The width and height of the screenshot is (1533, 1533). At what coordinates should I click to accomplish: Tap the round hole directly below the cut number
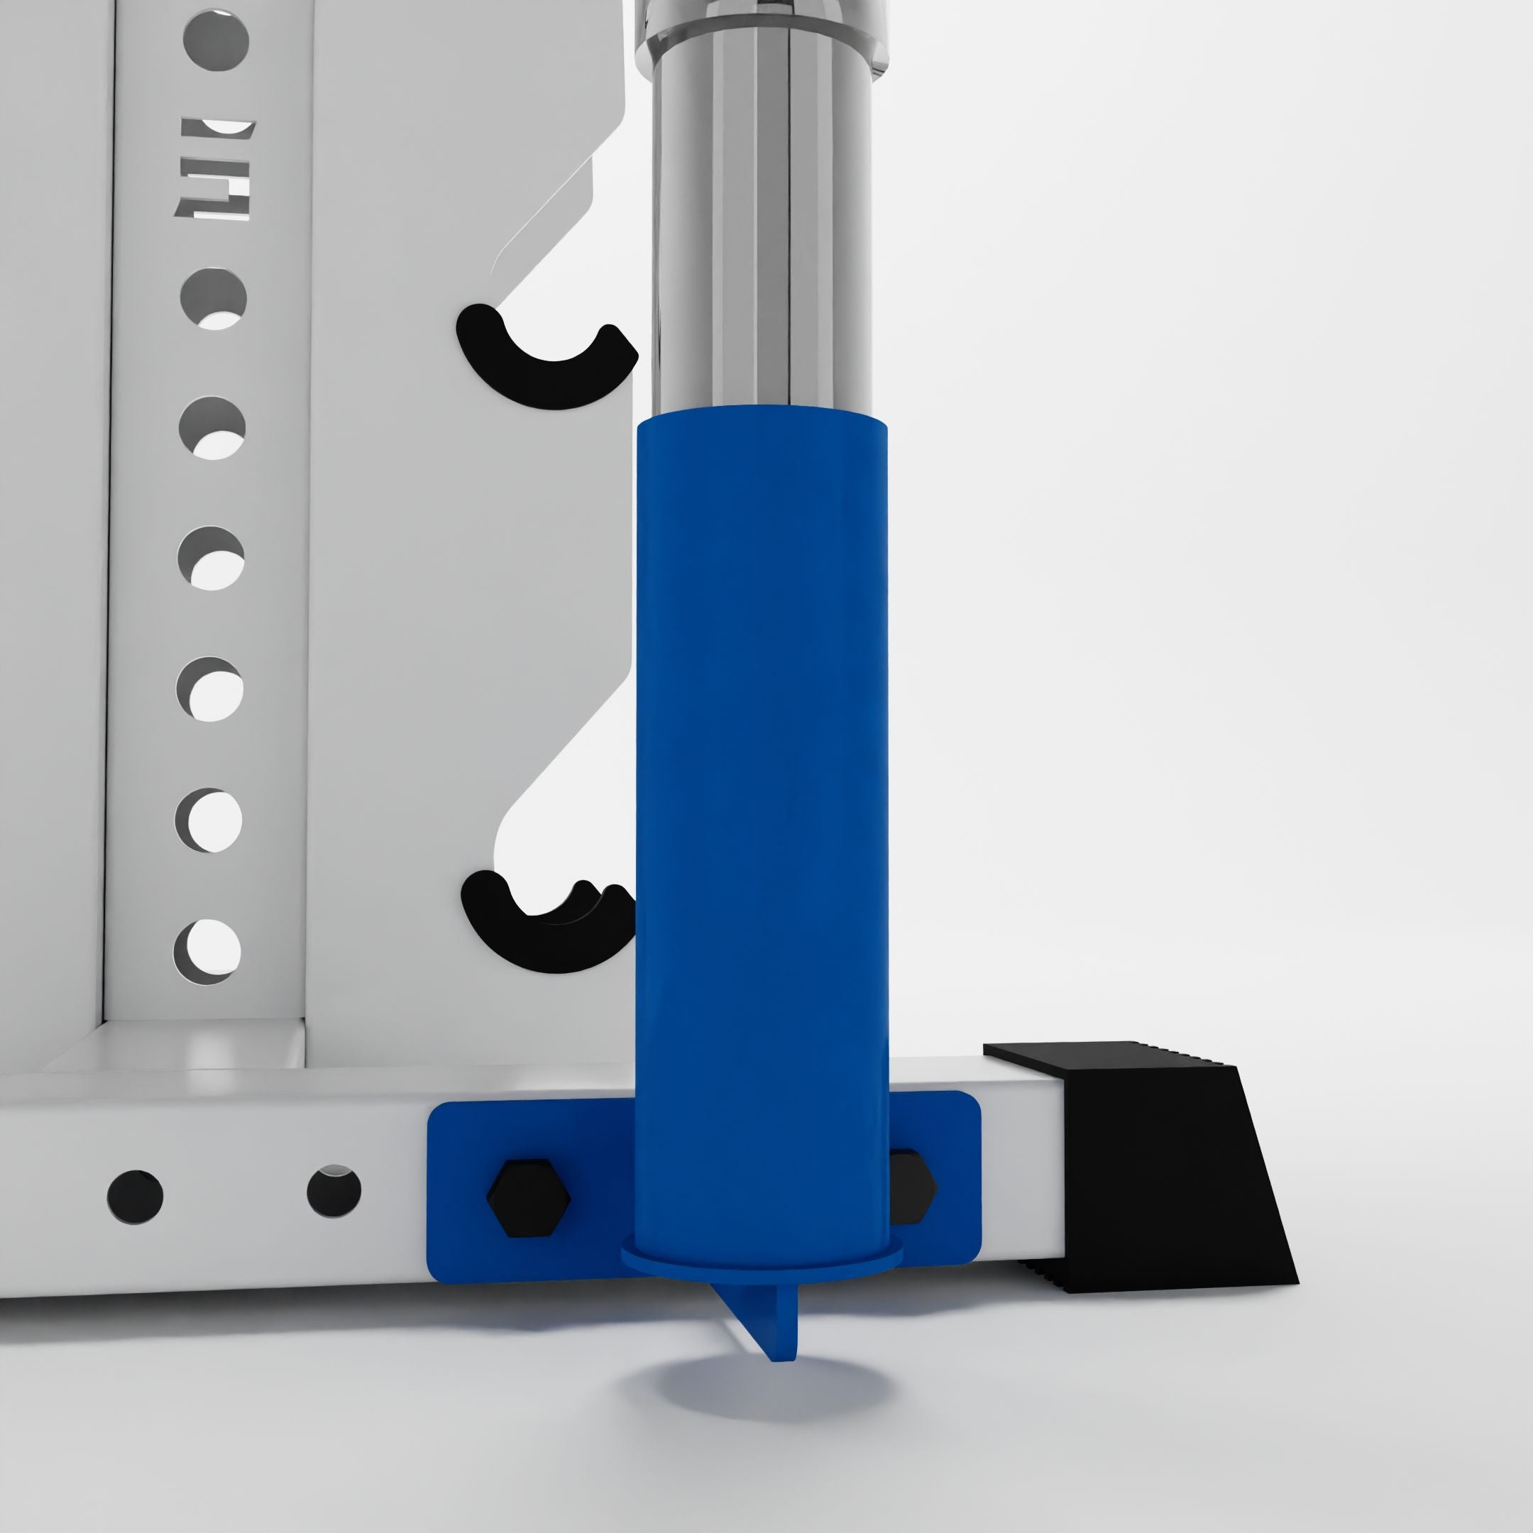(214, 298)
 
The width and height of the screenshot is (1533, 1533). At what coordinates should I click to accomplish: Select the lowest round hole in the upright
(207, 950)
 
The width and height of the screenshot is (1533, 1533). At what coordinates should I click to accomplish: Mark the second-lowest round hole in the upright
(209, 820)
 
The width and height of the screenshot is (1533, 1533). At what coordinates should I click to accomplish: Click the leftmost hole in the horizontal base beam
(135, 1197)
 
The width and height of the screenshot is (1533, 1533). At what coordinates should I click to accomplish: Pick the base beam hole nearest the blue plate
(334, 1190)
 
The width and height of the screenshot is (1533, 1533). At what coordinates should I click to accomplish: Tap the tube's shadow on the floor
(762, 1397)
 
